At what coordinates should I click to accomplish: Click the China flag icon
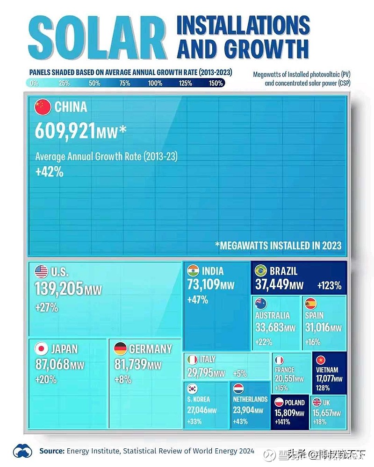tap(43, 107)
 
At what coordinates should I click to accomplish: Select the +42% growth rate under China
tap(49, 171)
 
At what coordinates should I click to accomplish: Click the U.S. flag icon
tap(41, 271)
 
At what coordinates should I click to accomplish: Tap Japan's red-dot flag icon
tap(42, 348)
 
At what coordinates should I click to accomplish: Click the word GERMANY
tap(151, 349)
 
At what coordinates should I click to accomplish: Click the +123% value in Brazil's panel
tap(329, 285)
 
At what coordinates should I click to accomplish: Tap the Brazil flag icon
tap(260, 271)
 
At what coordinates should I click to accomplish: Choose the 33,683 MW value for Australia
tap(275, 327)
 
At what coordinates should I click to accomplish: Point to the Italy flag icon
tap(192, 360)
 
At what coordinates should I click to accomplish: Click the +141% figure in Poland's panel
tap(282, 422)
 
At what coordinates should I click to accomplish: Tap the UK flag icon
tap(316, 402)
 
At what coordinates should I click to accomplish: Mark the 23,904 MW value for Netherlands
tap(248, 410)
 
